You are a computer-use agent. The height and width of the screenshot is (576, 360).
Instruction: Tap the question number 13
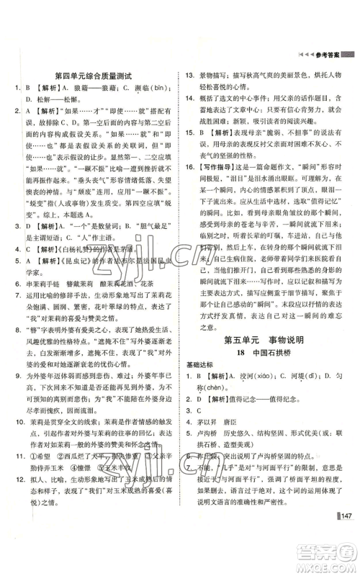coord(191,73)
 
